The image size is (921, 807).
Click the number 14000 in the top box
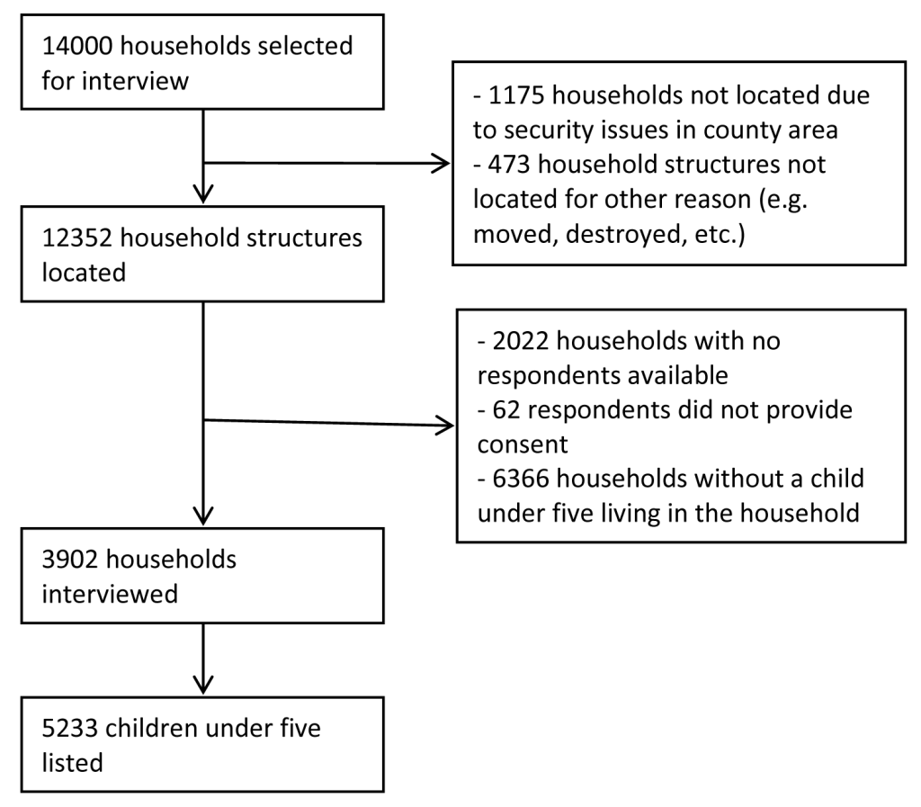(x=77, y=46)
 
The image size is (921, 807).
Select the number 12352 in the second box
(x=77, y=238)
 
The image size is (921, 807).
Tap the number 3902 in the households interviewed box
(x=70, y=560)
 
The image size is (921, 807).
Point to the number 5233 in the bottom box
(x=70, y=729)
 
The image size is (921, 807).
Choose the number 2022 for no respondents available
(x=521, y=341)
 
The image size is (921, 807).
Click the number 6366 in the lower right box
(x=521, y=479)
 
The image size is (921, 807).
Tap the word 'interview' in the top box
(x=135, y=81)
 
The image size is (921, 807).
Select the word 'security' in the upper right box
(x=550, y=130)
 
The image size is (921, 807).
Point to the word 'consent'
(x=523, y=445)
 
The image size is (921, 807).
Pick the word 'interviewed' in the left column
(x=110, y=594)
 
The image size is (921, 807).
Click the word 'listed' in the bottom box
(x=72, y=763)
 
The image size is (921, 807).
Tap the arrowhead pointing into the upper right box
(x=443, y=163)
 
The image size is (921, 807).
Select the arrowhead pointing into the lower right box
(x=446, y=426)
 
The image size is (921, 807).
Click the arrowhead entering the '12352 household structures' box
(x=203, y=195)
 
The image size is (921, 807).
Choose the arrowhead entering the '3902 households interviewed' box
(x=203, y=516)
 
